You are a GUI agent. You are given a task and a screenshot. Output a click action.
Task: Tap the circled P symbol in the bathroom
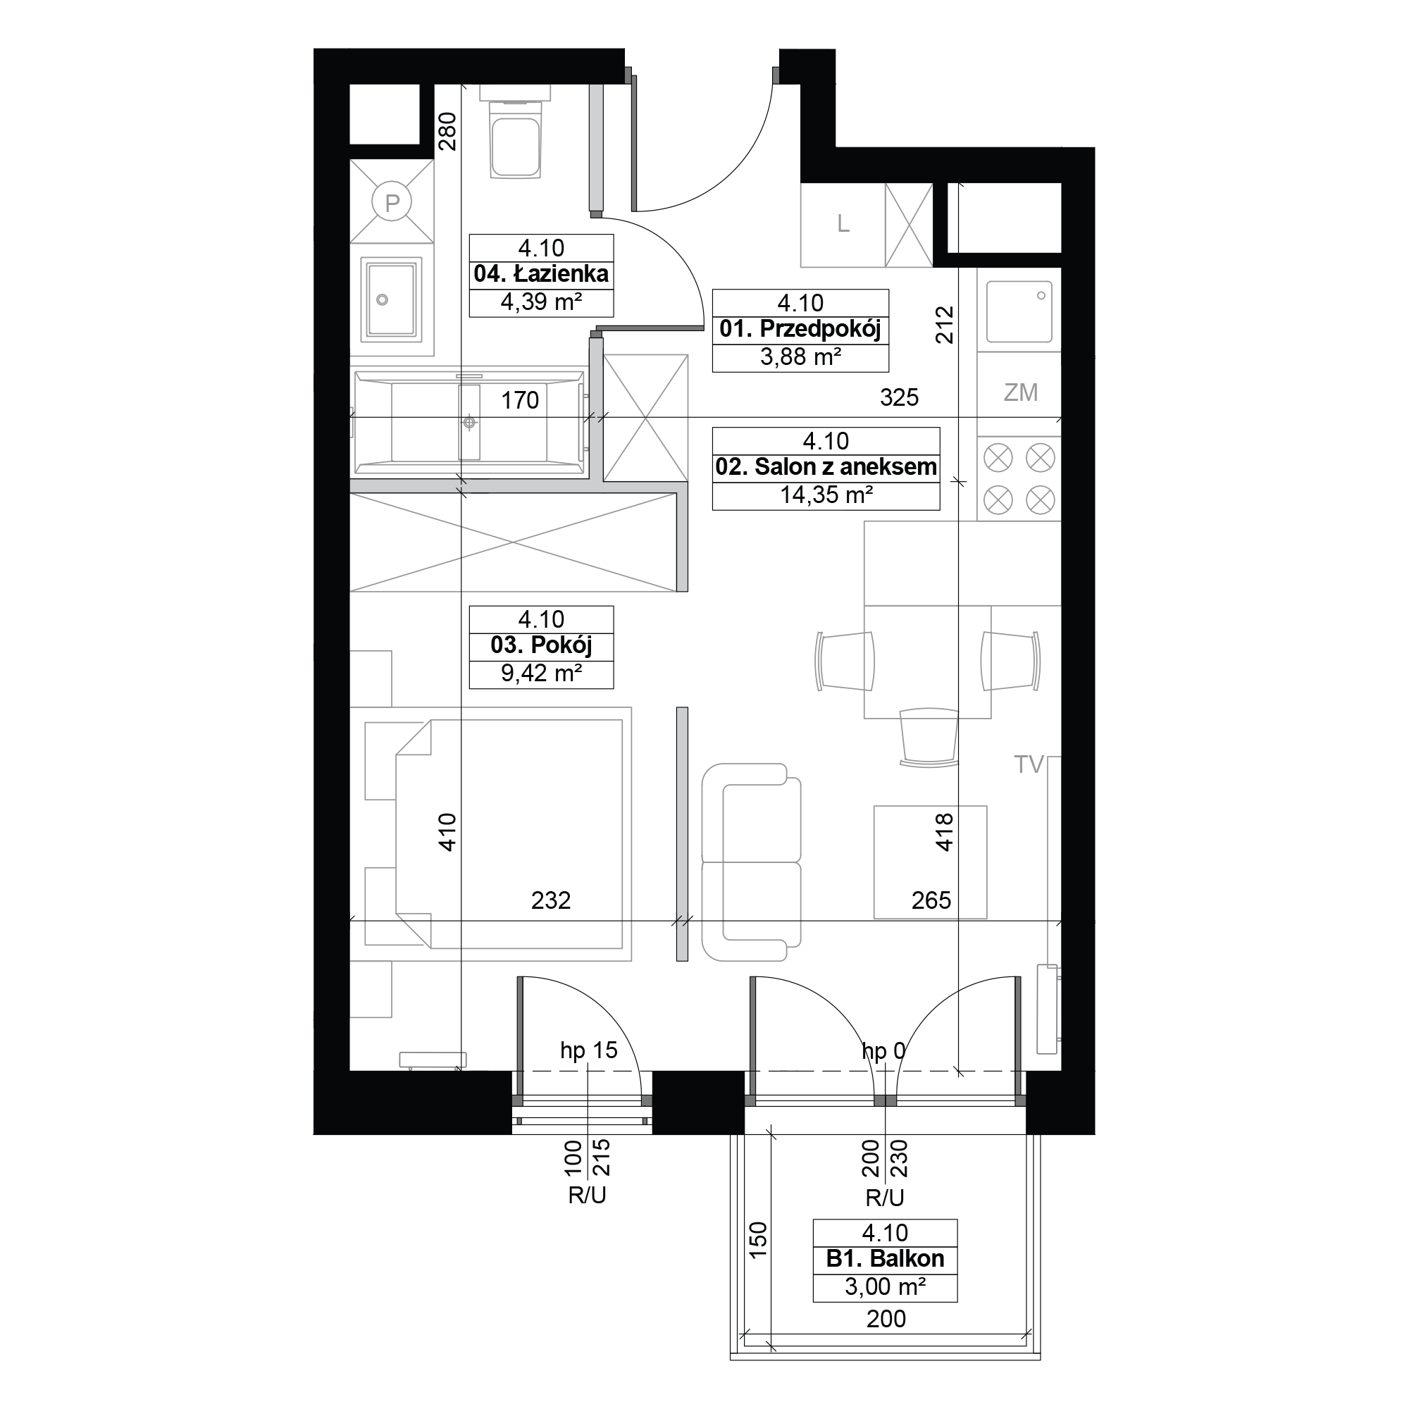[x=392, y=202]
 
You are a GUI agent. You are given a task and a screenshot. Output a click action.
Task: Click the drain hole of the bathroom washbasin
[x=381, y=299]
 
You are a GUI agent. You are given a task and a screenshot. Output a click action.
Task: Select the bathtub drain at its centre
[x=470, y=422]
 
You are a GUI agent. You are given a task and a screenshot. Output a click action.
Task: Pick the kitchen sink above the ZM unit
[x=1019, y=311]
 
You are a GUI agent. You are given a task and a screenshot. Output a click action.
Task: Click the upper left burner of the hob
[x=998, y=458]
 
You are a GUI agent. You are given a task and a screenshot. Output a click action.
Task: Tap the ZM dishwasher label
[x=1020, y=392]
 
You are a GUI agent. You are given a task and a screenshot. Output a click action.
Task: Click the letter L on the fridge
[x=843, y=224]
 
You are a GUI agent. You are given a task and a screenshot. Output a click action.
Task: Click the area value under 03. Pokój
[x=541, y=673]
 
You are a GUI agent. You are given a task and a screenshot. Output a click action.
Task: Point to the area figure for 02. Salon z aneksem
[x=826, y=495]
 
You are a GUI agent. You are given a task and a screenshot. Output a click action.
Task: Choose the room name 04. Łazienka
[x=541, y=274]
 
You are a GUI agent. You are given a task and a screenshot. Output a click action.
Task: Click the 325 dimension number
[x=899, y=397]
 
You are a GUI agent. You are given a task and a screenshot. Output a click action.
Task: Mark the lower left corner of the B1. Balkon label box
[x=813, y=1302]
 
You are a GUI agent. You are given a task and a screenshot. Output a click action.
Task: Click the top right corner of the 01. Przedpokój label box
[x=889, y=290]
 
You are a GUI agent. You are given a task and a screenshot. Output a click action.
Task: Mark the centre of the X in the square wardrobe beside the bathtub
[x=646, y=418]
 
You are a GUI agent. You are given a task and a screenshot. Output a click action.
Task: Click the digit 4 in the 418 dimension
[x=945, y=844]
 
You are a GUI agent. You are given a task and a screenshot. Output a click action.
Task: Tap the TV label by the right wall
[x=1029, y=764]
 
